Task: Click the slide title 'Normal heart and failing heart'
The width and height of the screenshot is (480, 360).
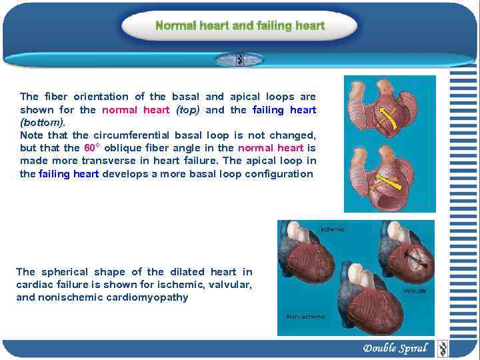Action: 240,26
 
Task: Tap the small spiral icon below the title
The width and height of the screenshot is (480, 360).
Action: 240,60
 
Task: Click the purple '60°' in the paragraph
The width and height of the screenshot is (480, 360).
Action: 91,148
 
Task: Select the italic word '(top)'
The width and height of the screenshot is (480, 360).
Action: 188,110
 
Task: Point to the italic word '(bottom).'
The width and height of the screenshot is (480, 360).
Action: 43,123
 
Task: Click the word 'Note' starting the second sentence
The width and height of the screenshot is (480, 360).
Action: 32,135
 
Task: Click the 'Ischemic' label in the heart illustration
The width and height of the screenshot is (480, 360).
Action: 332,229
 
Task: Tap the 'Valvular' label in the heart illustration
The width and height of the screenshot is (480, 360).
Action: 415,291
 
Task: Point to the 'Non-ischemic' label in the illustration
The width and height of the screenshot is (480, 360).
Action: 306,316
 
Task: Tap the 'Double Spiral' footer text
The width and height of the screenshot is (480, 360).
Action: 395,348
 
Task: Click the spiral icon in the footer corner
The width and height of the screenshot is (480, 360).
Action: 442,348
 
